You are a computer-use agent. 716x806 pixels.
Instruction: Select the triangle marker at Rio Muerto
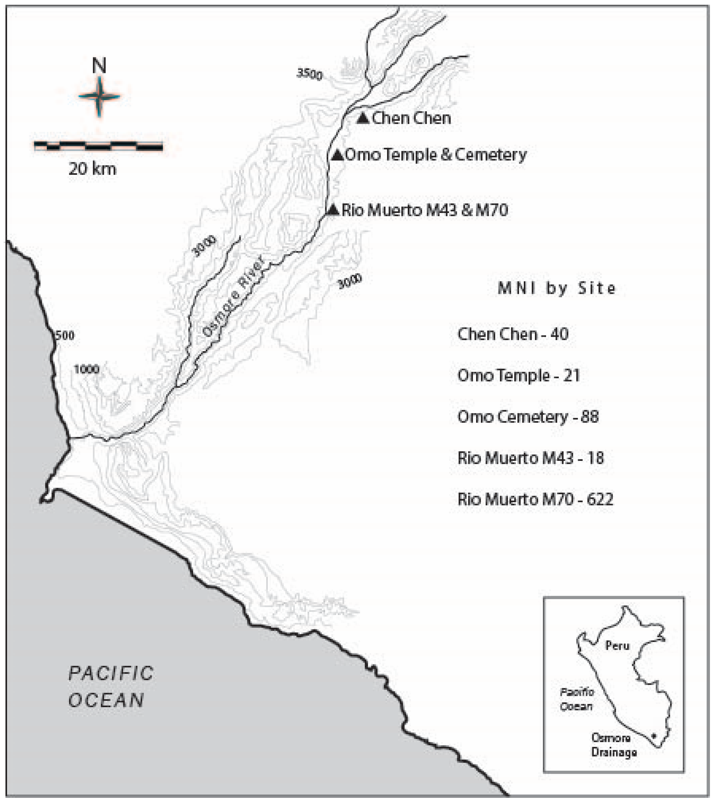click(x=333, y=210)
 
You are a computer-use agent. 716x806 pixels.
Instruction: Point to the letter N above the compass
click(x=99, y=66)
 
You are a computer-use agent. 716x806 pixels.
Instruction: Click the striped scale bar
click(x=98, y=146)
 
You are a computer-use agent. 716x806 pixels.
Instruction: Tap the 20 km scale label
click(x=93, y=169)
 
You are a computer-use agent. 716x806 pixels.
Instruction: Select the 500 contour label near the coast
click(x=65, y=335)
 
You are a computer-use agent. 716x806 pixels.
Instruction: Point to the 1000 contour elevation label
click(x=86, y=370)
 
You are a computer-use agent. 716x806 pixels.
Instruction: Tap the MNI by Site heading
click(x=557, y=289)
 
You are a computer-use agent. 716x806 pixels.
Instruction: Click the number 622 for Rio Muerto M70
click(x=600, y=499)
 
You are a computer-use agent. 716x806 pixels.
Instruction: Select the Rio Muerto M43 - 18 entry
click(x=531, y=458)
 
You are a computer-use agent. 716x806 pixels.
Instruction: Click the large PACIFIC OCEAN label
click(x=110, y=687)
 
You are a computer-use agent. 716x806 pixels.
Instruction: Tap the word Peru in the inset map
click(x=617, y=646)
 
